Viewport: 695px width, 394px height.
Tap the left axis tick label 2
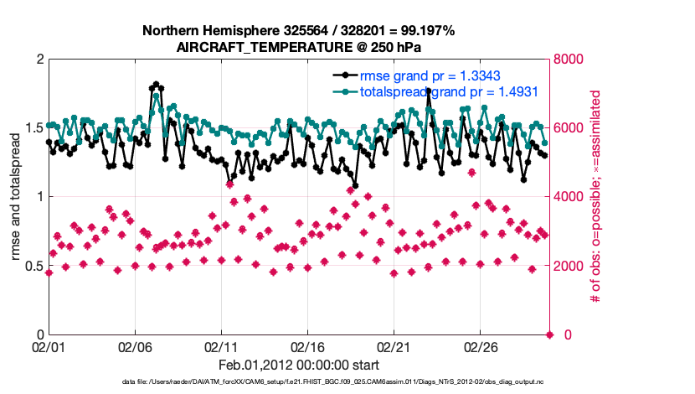39,60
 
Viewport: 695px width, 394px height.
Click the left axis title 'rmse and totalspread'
16,197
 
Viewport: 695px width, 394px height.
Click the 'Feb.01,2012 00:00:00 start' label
298,365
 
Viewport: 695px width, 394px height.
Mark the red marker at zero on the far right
549,334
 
